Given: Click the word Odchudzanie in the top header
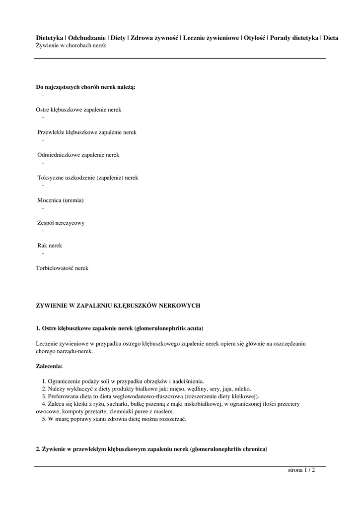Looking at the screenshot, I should point(86,38).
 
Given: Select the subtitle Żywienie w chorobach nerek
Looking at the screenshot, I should point(71,45).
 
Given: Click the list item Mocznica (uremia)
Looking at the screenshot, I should point(61,200).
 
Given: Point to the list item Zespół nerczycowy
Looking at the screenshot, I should point(61,223).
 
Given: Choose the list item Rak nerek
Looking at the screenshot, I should point(50,246).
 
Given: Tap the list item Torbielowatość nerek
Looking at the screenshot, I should point(62,268).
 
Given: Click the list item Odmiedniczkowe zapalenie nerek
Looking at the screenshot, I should point(78,155).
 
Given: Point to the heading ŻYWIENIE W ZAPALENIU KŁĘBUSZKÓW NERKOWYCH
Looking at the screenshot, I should point(118,306).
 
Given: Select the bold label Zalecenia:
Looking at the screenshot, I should point(50,366).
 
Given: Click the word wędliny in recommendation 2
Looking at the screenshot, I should point(200,389).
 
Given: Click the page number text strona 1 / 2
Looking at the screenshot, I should point(301,470).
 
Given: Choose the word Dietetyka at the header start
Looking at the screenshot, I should point(50,38).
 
